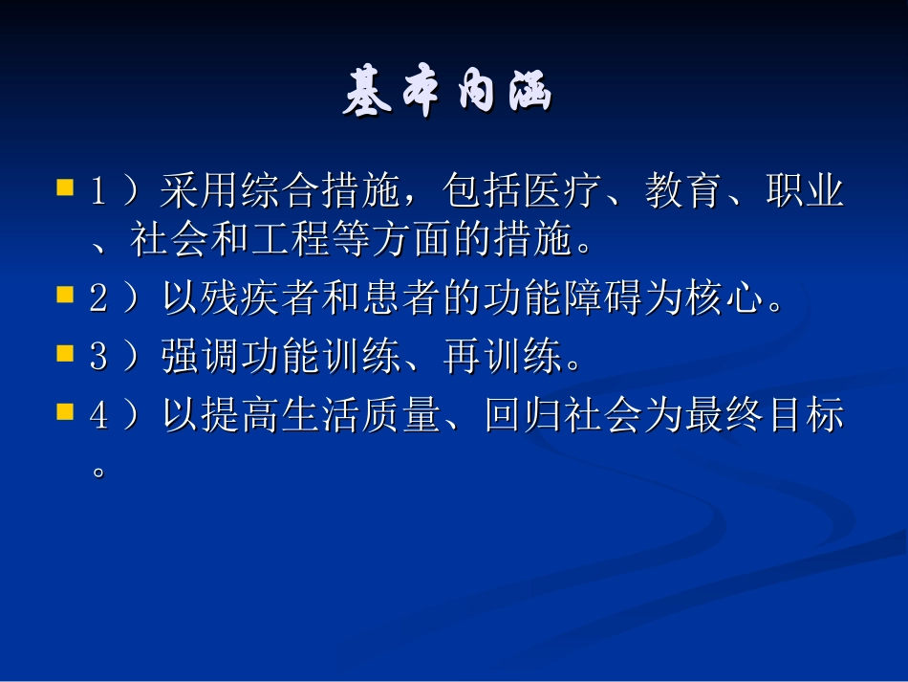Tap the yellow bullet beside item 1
tap(65, 185)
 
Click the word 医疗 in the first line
tap(564, 192)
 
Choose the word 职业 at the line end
tap(806, 192)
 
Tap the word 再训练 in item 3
tap(503, 360)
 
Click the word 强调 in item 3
tap(182, 360)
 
